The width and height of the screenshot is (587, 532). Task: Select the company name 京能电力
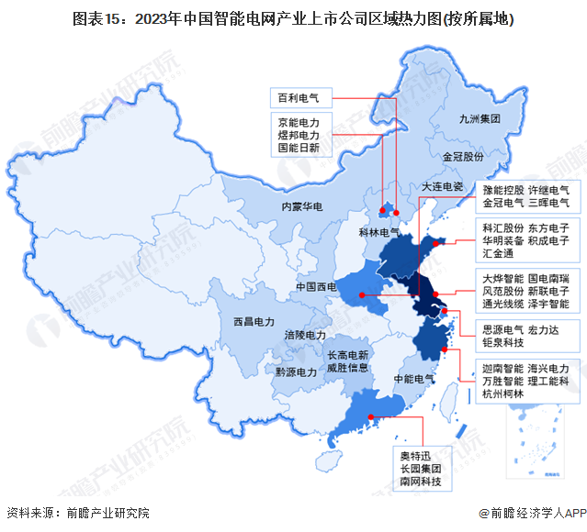[299, 120]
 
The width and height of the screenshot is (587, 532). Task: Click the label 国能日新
[299, 147]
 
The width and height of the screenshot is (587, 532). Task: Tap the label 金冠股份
[462, 157]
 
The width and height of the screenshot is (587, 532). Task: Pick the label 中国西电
[317, 287]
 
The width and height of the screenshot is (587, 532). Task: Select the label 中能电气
[413, 378]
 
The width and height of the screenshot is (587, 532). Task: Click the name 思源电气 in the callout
[502, 327]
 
